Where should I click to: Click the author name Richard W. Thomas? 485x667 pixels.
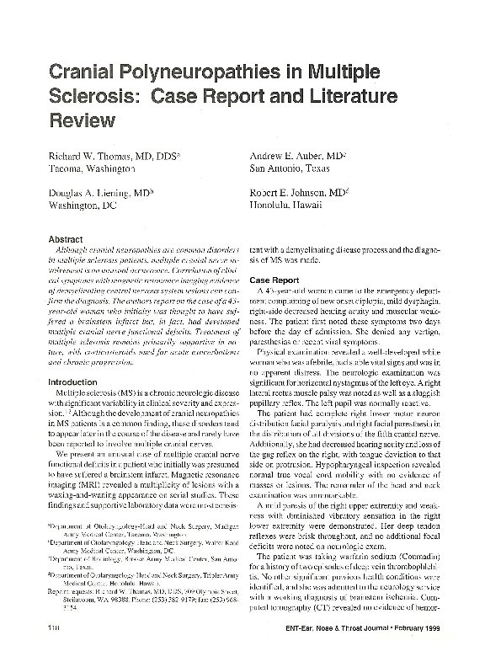[x=98, y=157]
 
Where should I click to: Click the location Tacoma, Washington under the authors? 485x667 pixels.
[x=93, y=169]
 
